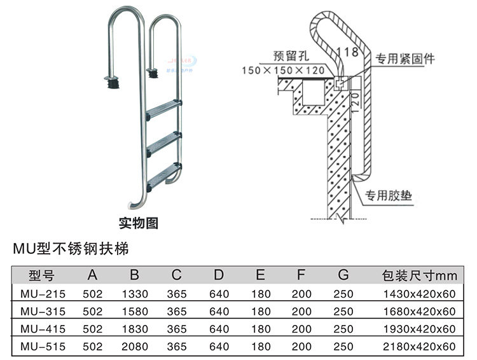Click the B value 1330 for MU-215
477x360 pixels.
pos(134,294)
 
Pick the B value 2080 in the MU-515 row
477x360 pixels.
pos(134,346)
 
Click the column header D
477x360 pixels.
pos(218,275)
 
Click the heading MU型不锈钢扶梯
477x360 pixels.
pos(74,248)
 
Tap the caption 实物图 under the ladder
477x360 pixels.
pos(139,223)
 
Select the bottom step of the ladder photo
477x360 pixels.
pos(163,177)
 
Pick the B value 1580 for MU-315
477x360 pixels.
pos(134,312)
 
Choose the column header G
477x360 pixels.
pos(343,275)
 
